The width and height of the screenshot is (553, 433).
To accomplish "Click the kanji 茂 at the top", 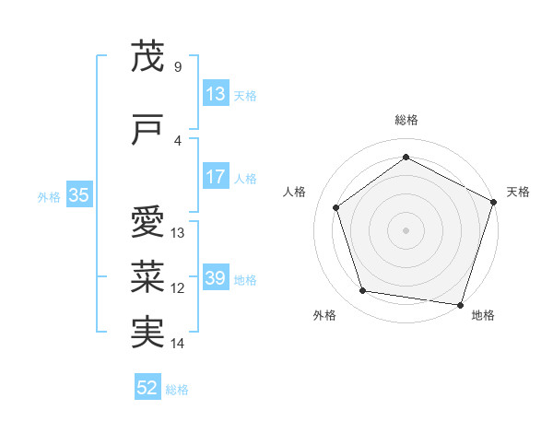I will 148,57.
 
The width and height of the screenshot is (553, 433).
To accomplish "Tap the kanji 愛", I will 148,223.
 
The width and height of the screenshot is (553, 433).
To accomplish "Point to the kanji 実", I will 148,333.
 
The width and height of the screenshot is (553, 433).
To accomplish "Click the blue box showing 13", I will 215,94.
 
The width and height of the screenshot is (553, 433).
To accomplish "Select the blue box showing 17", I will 215,177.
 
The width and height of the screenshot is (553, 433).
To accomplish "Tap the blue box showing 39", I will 215,278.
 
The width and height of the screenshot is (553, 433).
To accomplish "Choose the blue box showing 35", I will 78,195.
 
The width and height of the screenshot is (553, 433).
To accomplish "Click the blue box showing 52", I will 147,388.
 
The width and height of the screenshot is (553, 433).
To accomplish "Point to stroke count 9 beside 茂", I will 177,67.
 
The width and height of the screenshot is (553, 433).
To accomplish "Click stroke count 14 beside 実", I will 178,344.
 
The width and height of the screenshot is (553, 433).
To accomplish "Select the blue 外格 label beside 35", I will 49,196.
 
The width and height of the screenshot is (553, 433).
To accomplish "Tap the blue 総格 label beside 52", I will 178,390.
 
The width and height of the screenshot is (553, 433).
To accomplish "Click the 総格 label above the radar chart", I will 406,120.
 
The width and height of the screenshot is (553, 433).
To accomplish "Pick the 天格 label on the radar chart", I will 518,192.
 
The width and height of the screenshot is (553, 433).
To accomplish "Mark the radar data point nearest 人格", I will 336,207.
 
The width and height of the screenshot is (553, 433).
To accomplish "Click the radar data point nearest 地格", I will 460,304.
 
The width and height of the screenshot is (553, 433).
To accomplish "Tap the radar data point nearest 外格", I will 363,291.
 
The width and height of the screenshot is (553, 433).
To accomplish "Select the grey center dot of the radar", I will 406,229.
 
